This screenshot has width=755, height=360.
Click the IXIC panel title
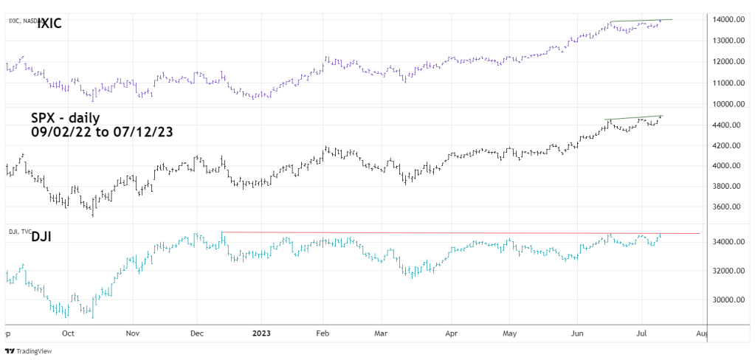(49, 24)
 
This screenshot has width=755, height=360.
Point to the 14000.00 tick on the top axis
(727, 19)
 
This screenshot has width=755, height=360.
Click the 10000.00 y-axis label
(727, 104)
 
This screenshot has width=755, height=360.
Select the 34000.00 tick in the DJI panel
(727, 242)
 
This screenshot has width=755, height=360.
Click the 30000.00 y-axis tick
(727, 300)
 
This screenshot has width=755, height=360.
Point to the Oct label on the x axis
(68, 333)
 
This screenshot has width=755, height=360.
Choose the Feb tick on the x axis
(323, 333)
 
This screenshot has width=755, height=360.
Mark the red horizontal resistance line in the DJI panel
(458, 233)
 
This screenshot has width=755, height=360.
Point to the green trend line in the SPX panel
(635, 117)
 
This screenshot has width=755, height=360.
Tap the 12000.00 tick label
(727, 62)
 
